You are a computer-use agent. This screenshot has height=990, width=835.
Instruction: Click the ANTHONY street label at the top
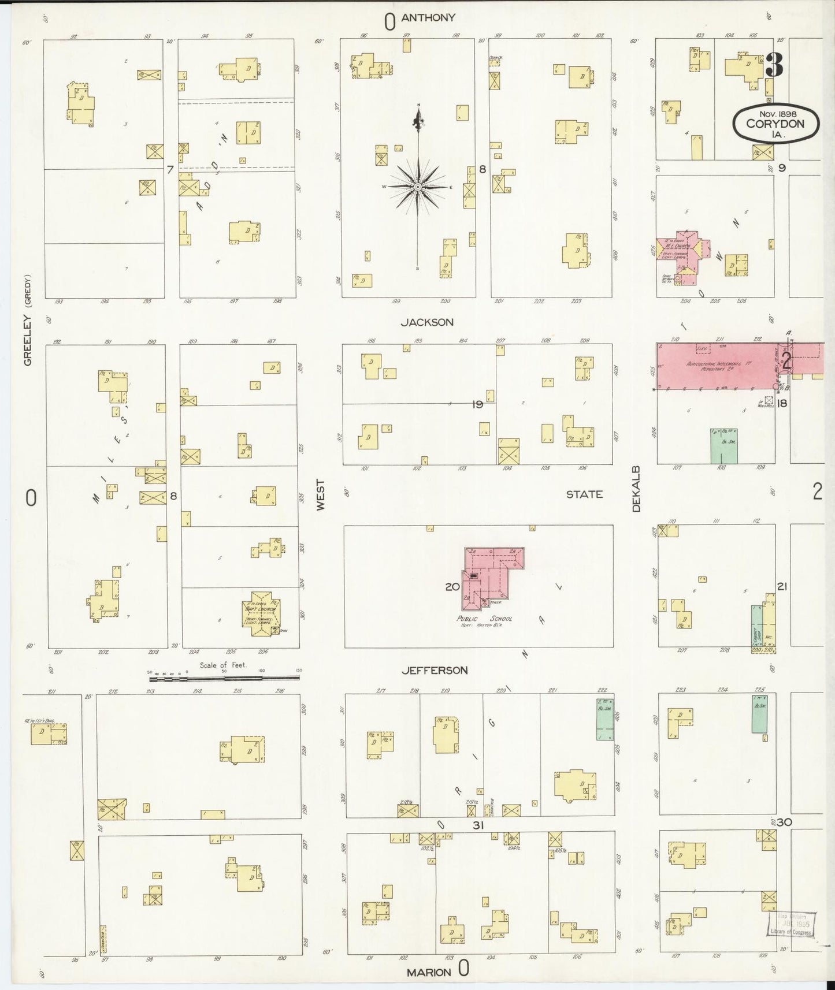pyautogui.click(x=428, y=18)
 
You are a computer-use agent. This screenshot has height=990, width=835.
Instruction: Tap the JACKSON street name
pyautogui.click(x=427, y=322)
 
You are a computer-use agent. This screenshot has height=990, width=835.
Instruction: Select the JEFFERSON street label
pyautogui.click(x=435, y=671)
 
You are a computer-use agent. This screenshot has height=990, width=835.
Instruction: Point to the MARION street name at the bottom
pyautogui.click(x=429, y=972)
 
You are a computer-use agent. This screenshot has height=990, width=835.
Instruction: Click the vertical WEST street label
pyautogui.click(x=321, y=494)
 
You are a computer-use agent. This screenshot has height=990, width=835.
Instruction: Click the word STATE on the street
pyautogui.click(x=584, y=494)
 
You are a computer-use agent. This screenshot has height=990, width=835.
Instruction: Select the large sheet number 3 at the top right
pyautogui.click(x=774, y=65)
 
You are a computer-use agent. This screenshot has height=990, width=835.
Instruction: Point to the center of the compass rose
pyautogui.click(x=417, y=187)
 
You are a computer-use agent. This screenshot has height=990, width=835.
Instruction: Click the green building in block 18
pyautogui.click(x=723, y=445)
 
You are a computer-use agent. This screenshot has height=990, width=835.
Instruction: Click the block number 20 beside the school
pyautogui.click(x=452, y=587)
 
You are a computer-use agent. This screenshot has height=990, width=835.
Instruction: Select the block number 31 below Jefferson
pyautogui.click(x=477, y=826)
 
